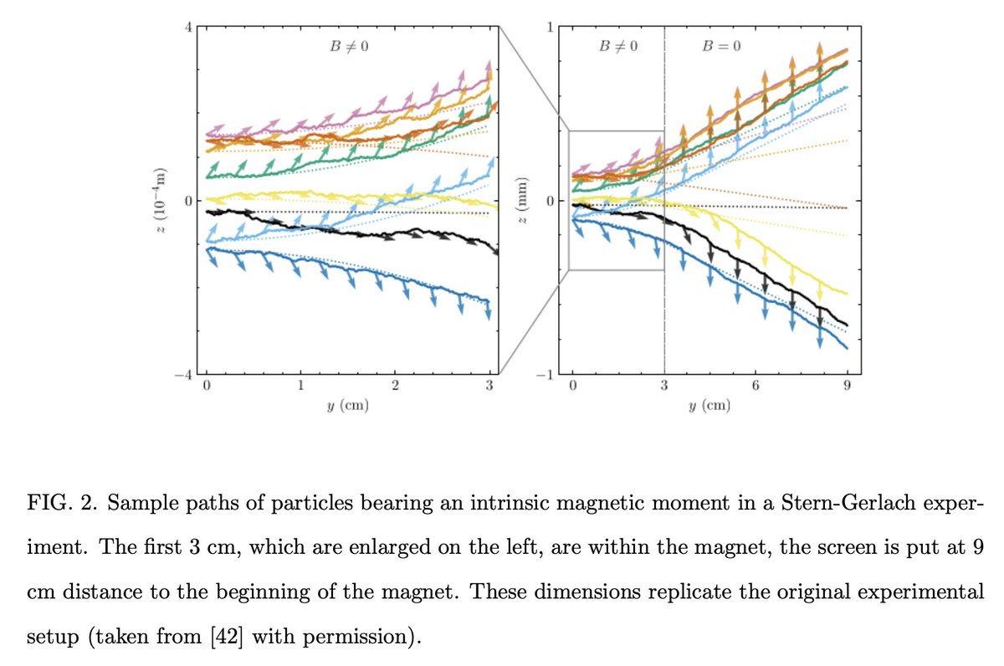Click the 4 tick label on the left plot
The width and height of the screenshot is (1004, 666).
tap(188, 27)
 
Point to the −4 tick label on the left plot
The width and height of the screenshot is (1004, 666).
tap(185, 375)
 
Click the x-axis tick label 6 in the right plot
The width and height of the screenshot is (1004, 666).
tap(756, 387)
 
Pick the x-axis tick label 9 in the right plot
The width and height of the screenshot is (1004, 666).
tap(847, 387)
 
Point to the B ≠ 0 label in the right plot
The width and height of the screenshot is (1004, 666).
tap(618, 45)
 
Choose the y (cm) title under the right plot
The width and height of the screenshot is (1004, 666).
tap(709, 407)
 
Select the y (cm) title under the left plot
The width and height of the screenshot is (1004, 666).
tap(348, 407)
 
